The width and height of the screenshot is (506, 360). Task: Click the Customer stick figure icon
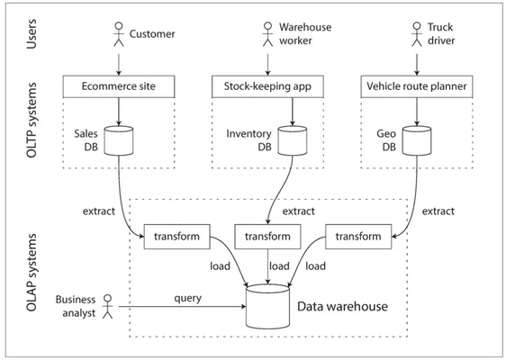pos(119,34)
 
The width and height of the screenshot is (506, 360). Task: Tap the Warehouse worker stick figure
pos(267,34)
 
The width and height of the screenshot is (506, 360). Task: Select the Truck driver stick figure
pos(417,34)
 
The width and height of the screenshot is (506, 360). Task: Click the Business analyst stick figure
pos(108,307)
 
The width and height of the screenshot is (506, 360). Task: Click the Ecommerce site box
pos(119,86)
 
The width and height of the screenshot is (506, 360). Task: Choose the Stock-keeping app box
pos(267,86)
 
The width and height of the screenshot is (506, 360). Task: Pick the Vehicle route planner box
pos(417,86)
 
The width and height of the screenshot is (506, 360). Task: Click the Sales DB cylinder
pos(119,140)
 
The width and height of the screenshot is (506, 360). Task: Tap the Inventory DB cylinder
pos(293,140)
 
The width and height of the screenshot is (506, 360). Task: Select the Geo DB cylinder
pos(417,140)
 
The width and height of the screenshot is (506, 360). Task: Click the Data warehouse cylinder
pos(267,307)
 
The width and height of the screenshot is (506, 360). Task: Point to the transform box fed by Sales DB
pos(176,237)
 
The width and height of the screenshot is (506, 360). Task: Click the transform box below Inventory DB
pos(267,237)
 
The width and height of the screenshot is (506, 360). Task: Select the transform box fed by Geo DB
pos(358,237)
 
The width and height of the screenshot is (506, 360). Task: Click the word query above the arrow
pos(188,299)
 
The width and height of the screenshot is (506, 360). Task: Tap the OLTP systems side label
pos(32,120)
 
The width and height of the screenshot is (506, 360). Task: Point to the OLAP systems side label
pos(32,273)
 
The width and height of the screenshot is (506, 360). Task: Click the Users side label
pos(32,34)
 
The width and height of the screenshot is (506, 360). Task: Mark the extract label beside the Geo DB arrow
pos(438,211)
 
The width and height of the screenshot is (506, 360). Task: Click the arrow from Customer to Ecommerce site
pos(119,65)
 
